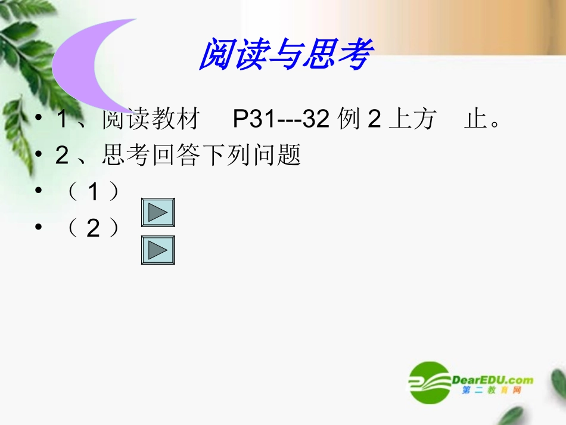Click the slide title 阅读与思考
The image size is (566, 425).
[x=285, y=55]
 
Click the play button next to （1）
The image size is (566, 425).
[x=158, y=213]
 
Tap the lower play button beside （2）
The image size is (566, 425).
[x=158, y=250]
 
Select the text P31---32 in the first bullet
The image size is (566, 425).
[x=281, y=120]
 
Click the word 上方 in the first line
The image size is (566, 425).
[x=412, y=120]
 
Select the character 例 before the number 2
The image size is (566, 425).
[x=348, y=120]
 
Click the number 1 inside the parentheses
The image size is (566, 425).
[x=93, y=192]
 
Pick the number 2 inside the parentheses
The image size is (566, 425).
[x=93, y=228]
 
